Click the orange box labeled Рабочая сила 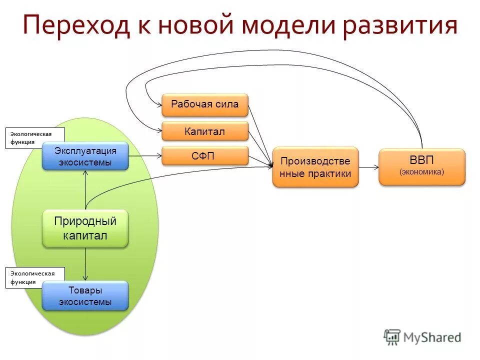pyautogui.click(x=204, y=104)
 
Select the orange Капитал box pyautogui.click(x=204, y=131)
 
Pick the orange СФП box pyautogui.click(x=204, y=156)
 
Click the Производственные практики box pyautogui.click(x=315, y=167)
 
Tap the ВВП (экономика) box pyautogui.click(x=421, y=166)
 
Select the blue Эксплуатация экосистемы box pyautogui.click(x=85, y=156)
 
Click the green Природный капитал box pyautogui.click(x=85, y=228)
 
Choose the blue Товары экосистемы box pyautogui.click(x=85, y=296)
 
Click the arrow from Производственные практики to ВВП pyautogui.click(x=368, y=167)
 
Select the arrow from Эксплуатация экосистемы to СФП pyautogui.click(x=145, y=156)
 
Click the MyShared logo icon pyautogui.click(x=392, y=336)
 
